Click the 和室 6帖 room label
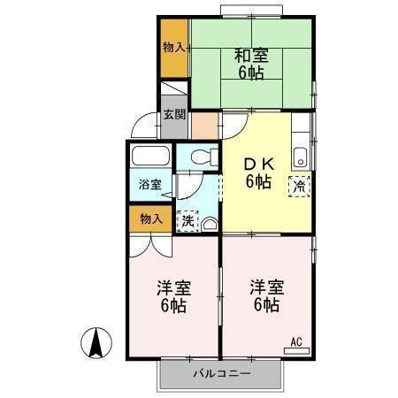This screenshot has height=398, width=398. [x=251, y=65]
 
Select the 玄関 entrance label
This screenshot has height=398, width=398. [x=174, y=114]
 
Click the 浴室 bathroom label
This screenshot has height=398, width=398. [x=149, y=185]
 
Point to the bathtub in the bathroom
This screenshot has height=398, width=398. [x=149, y=159]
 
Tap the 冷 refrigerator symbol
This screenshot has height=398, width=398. [x=300, y=186]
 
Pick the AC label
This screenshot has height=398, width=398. [x=296, y=341]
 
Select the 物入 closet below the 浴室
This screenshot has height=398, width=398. [x=150, y=218]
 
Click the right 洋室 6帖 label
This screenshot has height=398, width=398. [x=264, y=296]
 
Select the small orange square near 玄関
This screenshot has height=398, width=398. [x=204, y=125]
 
